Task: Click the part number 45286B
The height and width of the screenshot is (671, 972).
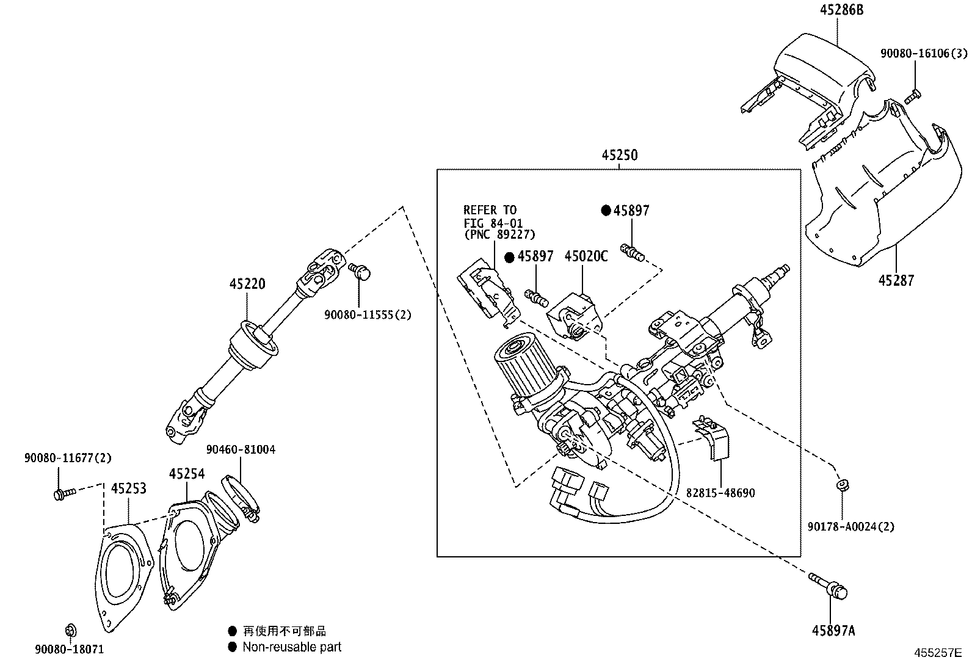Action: coord(843,10)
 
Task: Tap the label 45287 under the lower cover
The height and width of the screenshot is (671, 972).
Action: coord(896,280)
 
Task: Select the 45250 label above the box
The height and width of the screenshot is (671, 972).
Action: coord(619,155)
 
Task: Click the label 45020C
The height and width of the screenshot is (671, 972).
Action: coord(586,256)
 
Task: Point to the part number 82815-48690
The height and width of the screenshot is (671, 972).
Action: coord(720,493)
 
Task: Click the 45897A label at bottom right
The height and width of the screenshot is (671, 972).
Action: coord(833,631)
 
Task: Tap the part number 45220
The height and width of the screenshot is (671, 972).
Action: coord(247,284)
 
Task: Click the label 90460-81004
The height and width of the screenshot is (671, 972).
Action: coord(241,449)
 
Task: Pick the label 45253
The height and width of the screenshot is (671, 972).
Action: coord(129,488)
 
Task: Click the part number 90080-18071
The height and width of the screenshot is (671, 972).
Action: coord(69,650)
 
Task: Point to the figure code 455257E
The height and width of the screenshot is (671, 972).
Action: coord(937,653)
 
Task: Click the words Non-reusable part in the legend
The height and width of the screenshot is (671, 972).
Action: coord(292,647)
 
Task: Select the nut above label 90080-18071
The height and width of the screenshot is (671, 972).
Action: coord(70,629)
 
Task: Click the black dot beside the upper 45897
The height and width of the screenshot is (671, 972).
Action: coord(606,211)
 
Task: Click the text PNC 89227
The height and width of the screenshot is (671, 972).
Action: coord(499,234)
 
